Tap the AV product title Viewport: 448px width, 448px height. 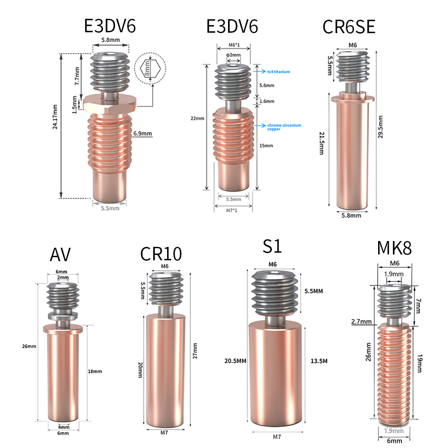tap(60, 255)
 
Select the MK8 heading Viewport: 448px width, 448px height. tap(394, 247)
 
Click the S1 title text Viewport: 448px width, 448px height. tap(272, 247)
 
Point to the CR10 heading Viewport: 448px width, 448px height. tap(161, 254)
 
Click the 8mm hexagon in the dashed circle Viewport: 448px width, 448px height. tap(150, 69)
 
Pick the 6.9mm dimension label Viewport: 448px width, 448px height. tap(142, 133)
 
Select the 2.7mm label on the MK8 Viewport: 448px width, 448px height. tap(362, 322)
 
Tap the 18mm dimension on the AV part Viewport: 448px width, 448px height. tap(95, 371)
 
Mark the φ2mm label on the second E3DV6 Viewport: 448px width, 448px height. tap(233, 55)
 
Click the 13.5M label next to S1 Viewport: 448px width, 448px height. tap(319, 361)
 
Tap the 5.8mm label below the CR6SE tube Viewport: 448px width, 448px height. tap(351, 215)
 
